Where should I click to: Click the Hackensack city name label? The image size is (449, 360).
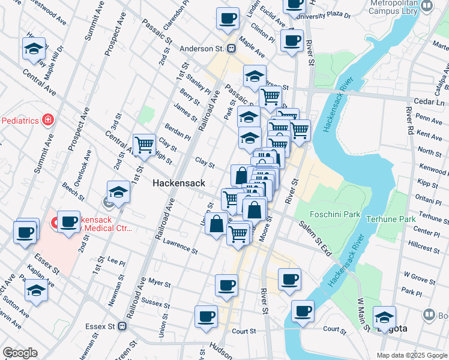[179, 183]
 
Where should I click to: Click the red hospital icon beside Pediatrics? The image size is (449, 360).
[47, 120]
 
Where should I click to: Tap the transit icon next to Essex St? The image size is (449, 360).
[122, 326]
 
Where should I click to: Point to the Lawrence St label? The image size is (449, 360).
[180, 245]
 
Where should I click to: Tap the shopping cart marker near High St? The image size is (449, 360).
[144, 145]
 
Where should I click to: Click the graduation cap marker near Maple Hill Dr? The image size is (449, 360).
[34, 48]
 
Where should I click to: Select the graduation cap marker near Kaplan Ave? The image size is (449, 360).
[37, 290]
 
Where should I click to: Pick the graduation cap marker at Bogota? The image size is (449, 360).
[384, 317]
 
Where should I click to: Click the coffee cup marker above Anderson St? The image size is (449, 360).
[228, 19]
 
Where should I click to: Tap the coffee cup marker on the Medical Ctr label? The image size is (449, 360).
[68, 221]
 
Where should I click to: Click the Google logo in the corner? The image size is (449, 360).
[20, 353]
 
